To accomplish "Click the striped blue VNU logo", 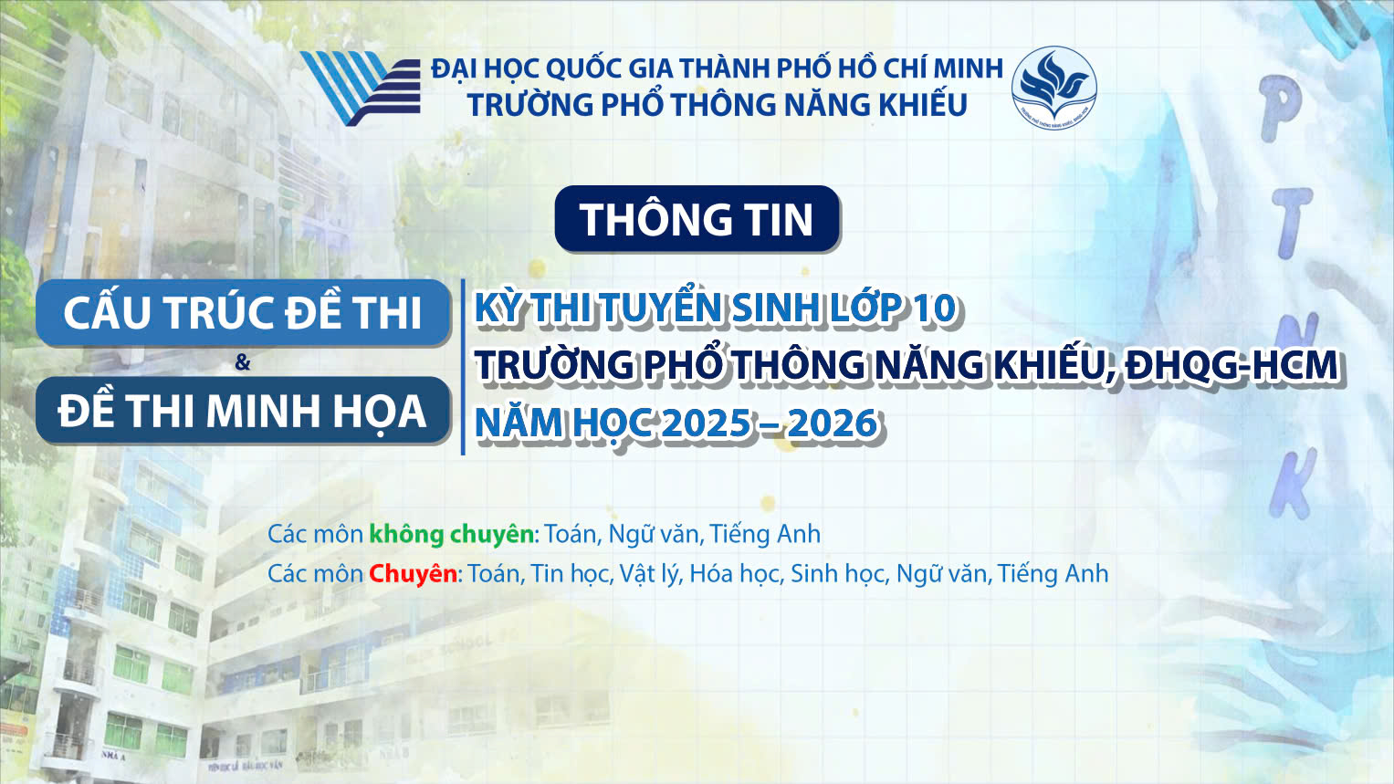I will pos(360,88).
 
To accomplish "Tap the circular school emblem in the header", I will pos(1053,88).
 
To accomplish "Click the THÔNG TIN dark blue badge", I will pos(697,219).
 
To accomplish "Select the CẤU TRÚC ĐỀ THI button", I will pos(243,313).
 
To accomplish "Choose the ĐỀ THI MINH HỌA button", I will pos(243,411).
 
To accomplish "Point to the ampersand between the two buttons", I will pos(242,362).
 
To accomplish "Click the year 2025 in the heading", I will pos(707,423).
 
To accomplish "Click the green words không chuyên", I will pos(451,534).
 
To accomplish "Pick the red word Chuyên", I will pos(413,574).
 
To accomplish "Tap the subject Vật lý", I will pos(649,574).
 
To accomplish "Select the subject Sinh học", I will pos(837,574).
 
